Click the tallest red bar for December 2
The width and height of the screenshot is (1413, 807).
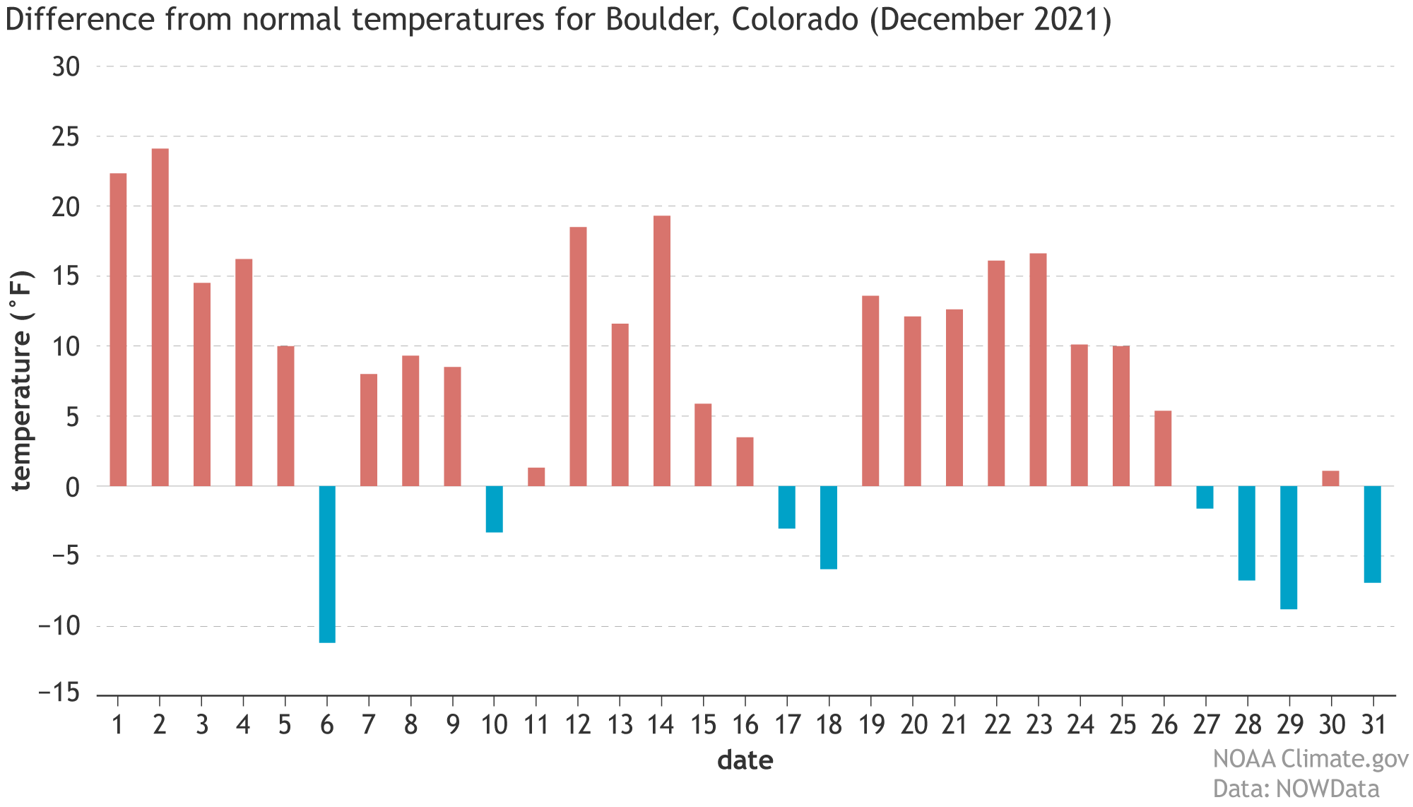(160, 317)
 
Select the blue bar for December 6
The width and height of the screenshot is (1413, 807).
(327, 564)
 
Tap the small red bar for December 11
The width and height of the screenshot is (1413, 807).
(536, 477)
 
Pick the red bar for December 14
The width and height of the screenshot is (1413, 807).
(662, 351)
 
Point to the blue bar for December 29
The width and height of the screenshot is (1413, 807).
(1289, 547)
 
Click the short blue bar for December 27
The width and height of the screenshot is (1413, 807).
(1205, 497)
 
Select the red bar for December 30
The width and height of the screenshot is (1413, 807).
(1330, 478)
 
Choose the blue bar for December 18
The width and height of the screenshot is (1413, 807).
(829, 527)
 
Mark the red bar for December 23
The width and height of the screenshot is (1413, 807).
(1038, 370)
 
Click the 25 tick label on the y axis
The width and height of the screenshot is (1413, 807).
(66, 136)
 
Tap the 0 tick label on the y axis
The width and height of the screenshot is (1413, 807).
(73, 487)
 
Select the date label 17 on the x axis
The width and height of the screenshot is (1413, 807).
(787, 725)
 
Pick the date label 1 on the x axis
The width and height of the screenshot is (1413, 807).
(118, 725)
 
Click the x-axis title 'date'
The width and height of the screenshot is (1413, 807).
(745, 760)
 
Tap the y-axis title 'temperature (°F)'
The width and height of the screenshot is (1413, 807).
(21, 380)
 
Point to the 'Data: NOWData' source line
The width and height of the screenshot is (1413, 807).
(1296, 789)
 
